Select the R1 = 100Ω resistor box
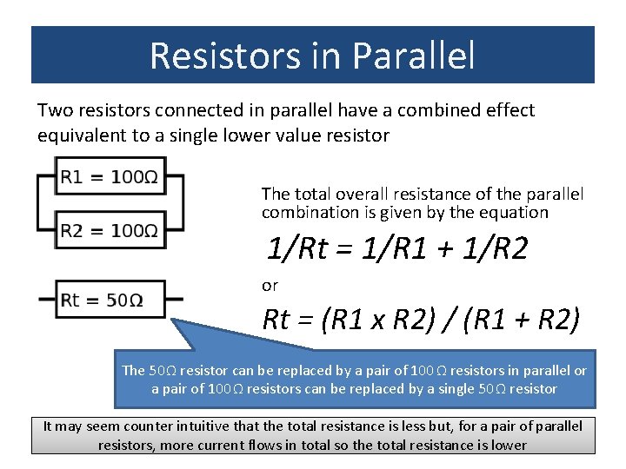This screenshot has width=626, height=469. coord(109,178)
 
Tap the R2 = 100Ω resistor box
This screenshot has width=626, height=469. coord(109,230)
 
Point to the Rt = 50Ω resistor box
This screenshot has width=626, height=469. coord(109,300)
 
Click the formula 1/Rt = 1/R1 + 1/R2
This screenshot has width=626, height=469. coord(396,250)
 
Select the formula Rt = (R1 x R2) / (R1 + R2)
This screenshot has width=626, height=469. coord(421,320)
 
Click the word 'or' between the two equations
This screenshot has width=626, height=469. coord(270,285)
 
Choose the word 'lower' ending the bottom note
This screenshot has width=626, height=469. coord(508,446)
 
